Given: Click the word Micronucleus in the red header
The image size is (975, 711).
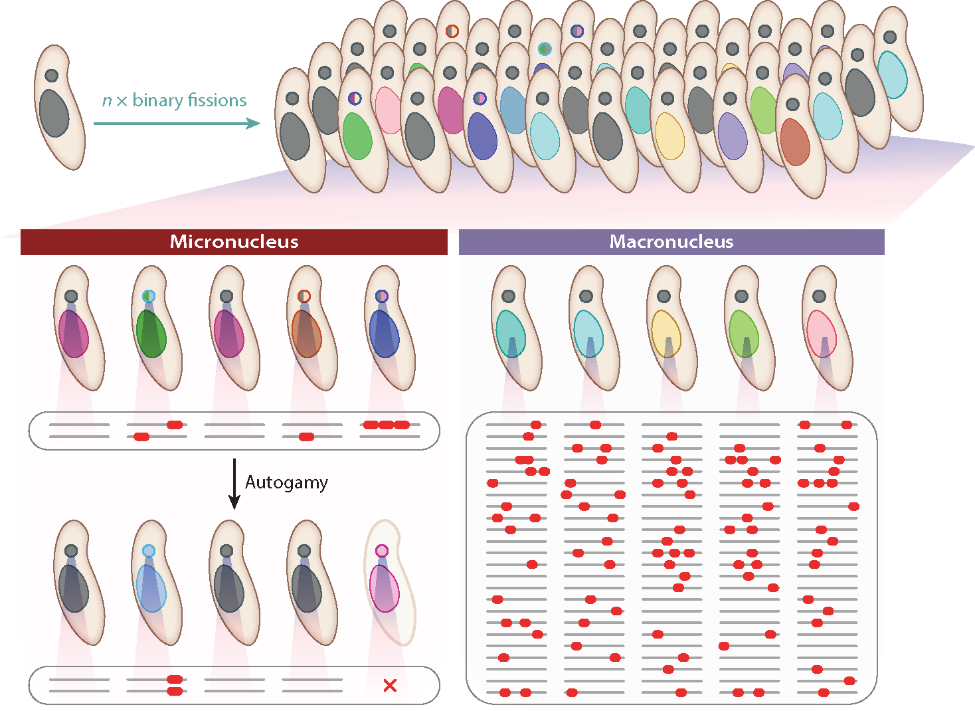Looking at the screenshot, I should (234, 242).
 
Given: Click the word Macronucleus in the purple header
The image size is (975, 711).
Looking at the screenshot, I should (671, 242).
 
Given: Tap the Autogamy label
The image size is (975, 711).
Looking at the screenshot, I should (286, 482).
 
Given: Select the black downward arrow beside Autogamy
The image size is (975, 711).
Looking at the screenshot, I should (234, 484).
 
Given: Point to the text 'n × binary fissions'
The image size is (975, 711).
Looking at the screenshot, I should (174, 100).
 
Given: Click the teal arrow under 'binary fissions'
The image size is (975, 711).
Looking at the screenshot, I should (176, 123).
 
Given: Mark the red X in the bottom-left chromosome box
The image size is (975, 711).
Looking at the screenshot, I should (390, 685).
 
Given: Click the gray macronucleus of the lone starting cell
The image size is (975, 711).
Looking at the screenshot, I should (54, 114).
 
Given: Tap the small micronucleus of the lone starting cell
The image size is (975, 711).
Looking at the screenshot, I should (51, 76).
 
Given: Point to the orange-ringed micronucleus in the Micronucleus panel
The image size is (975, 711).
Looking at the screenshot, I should (304, 296).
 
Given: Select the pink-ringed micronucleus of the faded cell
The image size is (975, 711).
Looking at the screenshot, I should (381, 551).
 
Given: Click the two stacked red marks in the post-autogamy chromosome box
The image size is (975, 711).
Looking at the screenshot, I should (175, 685).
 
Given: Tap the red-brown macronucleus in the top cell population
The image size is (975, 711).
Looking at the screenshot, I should (794, 142).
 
